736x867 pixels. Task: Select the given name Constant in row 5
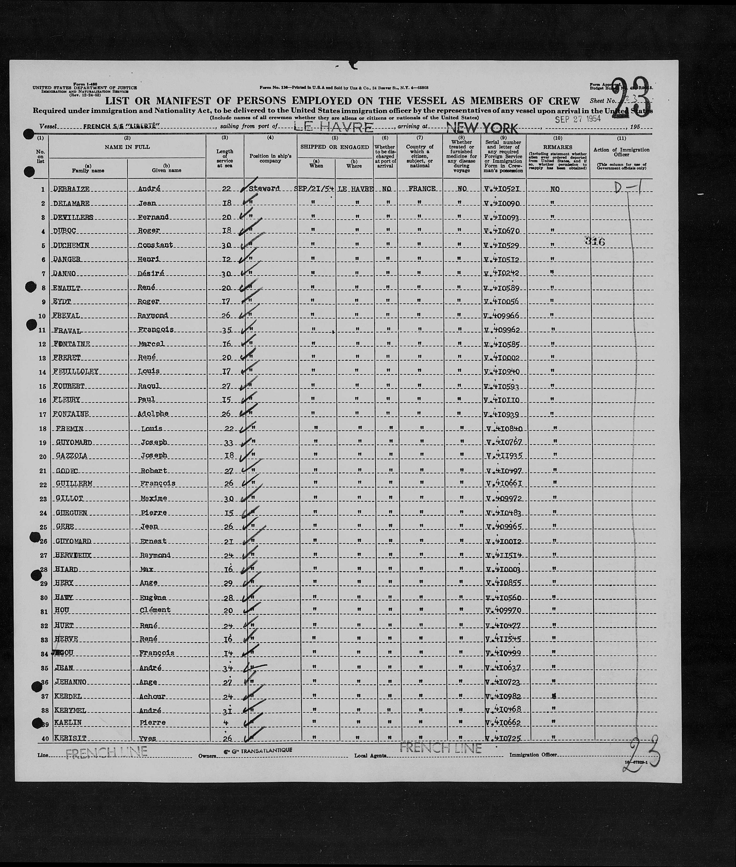156,245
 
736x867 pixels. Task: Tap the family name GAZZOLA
71,456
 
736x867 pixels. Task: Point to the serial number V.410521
502,189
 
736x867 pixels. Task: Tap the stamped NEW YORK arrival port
482,128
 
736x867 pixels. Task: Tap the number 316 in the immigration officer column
595,241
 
